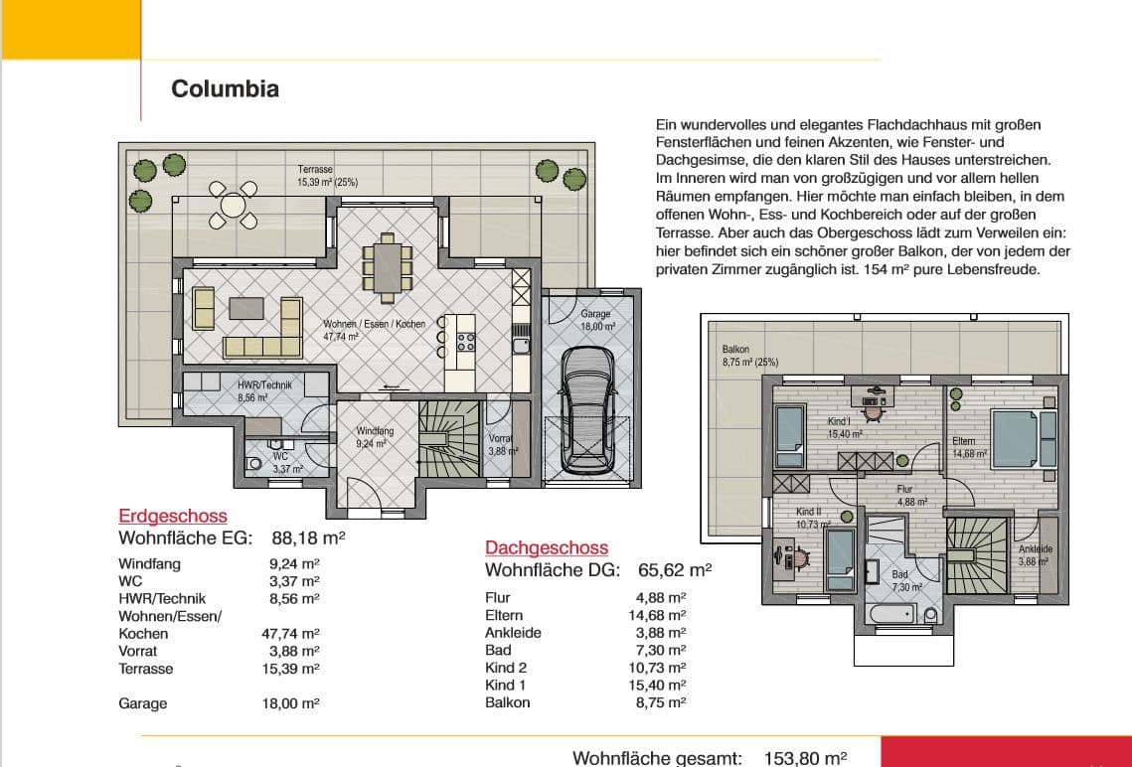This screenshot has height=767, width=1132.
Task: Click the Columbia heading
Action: click(x=225, y=88)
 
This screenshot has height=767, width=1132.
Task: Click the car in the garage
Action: click(x=586, y=410)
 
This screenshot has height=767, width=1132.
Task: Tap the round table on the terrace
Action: click(x=233, y=205)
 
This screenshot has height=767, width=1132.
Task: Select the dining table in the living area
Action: click(x=387, y=267)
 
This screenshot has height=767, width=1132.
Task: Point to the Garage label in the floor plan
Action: click(x=595, y=314)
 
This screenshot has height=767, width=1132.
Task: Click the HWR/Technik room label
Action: click(x=265, y=384)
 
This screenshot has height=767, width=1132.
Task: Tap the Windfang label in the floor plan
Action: click(x=375, y=431)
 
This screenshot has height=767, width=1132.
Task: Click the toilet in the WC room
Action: click(x=252, y=464)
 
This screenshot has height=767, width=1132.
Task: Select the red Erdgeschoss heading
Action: click(x=173, y=516)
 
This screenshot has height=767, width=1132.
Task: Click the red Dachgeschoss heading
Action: click(x=547, y=547)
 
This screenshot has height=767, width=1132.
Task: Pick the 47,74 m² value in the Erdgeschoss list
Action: click(x=290, y=634)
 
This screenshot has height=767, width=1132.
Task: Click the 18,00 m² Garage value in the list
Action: click(x=290, y=703)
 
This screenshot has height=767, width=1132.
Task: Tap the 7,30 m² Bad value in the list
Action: click(x=657, y=650)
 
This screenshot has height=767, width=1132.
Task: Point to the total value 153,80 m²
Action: click(x=805, y=758)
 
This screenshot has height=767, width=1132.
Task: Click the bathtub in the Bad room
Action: click(x=892, y=615)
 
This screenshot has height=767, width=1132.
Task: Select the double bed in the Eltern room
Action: click(x=1024, y=438)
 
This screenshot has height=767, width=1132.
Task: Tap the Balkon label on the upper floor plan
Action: click(x=735, y=350)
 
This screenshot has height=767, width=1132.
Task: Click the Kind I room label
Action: click(x=839, y=421)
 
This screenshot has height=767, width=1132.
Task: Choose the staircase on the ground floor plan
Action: click(x=449, y=439)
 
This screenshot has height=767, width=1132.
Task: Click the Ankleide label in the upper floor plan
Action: click(x=1036, y=549)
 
